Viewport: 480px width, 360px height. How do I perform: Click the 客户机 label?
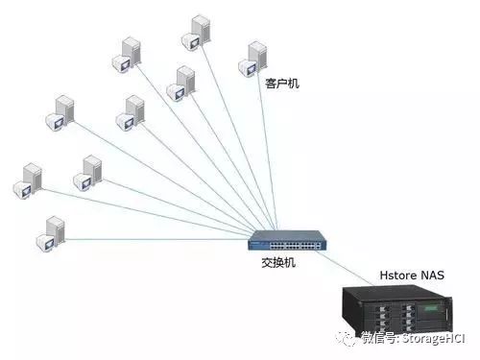coord(282,84)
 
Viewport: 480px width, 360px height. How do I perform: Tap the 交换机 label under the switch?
coord(278,263)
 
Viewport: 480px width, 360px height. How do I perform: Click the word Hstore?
coord(396,276)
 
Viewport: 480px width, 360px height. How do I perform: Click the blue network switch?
coord(287,240)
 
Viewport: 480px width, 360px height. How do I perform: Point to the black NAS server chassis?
coord(397,310)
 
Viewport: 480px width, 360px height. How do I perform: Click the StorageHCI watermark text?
coord(434,339)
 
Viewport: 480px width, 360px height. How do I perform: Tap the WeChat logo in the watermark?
coord(346,338)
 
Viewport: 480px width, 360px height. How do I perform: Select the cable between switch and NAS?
coord(345,268)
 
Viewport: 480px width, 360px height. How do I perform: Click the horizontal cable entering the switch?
coord(156,239)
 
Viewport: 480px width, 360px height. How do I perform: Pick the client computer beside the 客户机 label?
coord(252,60)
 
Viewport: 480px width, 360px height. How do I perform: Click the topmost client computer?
coord(196,33)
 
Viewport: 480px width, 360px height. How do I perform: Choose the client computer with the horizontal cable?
coord(51,234)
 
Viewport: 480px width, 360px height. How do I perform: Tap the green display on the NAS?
coord(430,309)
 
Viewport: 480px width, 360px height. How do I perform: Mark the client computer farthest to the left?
coord(28,180)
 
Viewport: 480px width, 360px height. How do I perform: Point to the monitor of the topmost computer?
coord(191,41)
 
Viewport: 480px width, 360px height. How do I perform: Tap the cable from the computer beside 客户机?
coord(267,151)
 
